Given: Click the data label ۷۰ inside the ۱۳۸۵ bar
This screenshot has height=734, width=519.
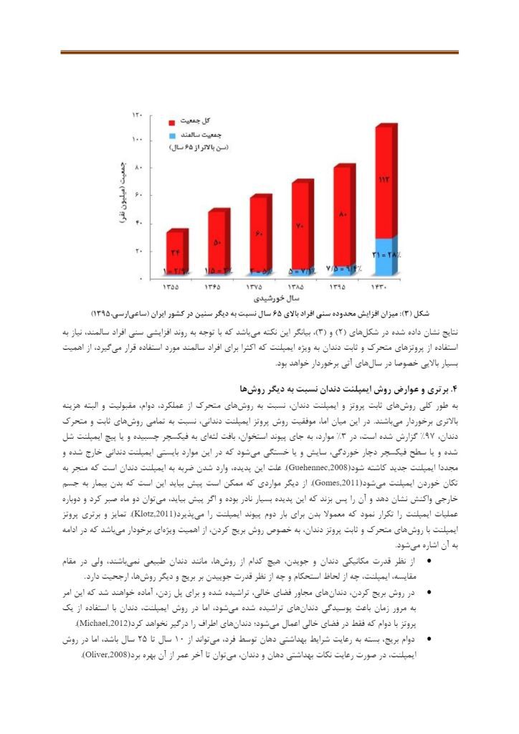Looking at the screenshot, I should [x=300, y=227].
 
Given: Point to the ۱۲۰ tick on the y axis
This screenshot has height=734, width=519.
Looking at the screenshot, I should [x=138, y=115].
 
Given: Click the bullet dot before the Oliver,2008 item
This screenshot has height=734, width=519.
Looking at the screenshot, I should [x=429, y=637].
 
